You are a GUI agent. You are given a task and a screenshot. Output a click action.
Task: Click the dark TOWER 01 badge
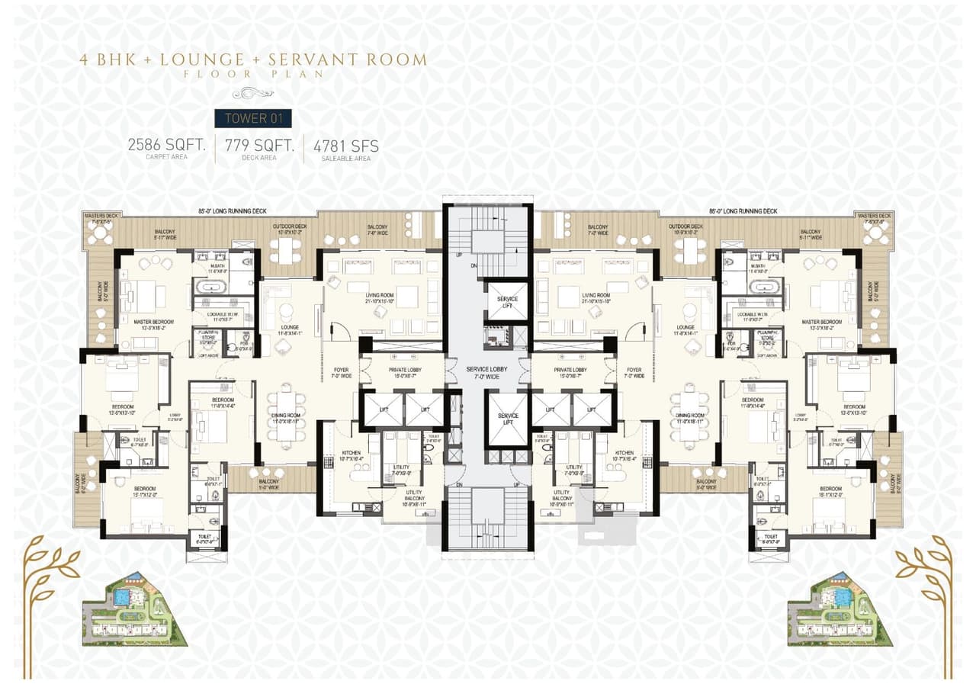(252, 118)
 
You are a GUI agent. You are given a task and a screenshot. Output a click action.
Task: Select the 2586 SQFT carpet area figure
(167, 145)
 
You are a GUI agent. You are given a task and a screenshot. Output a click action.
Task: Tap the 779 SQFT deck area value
(259, 145)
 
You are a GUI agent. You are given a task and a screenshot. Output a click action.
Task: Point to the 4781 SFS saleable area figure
(346, 146)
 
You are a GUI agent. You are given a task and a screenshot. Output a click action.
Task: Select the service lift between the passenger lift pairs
(505, 419)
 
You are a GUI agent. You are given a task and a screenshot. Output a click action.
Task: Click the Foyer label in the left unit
(341, 373)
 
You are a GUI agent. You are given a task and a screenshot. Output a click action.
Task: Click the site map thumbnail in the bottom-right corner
(839, 609)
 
